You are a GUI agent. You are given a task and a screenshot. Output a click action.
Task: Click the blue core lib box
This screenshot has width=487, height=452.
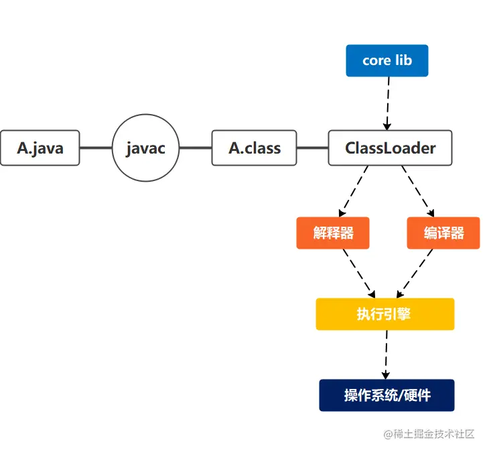click(x=387, y=60)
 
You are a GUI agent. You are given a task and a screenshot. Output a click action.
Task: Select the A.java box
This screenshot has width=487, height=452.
click(x=40, y=148)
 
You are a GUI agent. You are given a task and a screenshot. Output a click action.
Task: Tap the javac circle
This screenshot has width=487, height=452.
click(x=145, y=148)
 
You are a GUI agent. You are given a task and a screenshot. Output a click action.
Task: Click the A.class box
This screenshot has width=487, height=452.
click(x=254, y=148)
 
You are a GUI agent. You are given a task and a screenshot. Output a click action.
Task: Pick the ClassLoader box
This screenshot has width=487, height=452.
click(x=390, y=148)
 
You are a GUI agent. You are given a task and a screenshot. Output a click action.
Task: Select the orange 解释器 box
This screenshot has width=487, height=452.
click(x=333, y=233)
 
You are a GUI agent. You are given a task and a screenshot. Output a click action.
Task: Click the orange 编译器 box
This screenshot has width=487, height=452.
click(x=443, y=233)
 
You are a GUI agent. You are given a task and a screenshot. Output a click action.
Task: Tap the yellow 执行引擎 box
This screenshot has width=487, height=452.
click(x=385, y=314)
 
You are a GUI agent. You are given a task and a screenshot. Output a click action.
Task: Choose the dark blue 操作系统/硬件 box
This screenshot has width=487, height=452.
click(x=387, y=395)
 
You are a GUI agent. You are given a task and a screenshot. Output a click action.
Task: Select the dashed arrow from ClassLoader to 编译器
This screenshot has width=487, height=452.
click(x=419, y=190)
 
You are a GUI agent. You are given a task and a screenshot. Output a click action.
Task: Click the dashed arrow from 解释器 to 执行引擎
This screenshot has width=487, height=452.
click(x=358, y=273)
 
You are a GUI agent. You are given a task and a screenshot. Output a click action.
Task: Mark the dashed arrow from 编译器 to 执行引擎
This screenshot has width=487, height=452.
click(x=415, y=273)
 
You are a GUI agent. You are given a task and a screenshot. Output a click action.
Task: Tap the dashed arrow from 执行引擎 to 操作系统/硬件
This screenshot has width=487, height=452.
click(x=386, y=354)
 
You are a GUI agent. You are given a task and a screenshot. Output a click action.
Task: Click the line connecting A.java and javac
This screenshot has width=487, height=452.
click(x=96, y=148)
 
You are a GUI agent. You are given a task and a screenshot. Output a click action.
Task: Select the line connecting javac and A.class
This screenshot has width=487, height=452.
click(x=196, y=148)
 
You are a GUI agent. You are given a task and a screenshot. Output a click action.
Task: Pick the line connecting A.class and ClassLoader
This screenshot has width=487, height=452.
click(x=312, y=148)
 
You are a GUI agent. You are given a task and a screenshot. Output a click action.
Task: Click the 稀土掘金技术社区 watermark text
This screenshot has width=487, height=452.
click(x=434, y=434)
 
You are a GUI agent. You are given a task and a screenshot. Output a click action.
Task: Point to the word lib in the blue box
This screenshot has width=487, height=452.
click(x=403, y=60)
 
